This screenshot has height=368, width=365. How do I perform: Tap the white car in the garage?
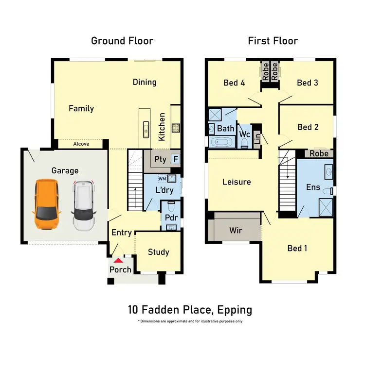84,205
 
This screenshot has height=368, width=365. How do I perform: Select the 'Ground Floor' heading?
122,41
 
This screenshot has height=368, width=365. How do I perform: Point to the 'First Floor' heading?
273,41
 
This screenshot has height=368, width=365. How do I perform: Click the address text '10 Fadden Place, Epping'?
190,309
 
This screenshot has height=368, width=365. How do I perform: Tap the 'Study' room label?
159,251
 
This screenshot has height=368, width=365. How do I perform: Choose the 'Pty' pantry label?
160,159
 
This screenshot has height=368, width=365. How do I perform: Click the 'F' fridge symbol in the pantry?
175,159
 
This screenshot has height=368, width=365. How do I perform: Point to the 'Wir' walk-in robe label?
236,230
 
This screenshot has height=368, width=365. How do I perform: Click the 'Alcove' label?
81,144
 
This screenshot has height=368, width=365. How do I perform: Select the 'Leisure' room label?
237,182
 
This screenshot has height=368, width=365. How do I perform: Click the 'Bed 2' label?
308,127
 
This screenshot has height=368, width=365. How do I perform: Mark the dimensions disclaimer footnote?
190,321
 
